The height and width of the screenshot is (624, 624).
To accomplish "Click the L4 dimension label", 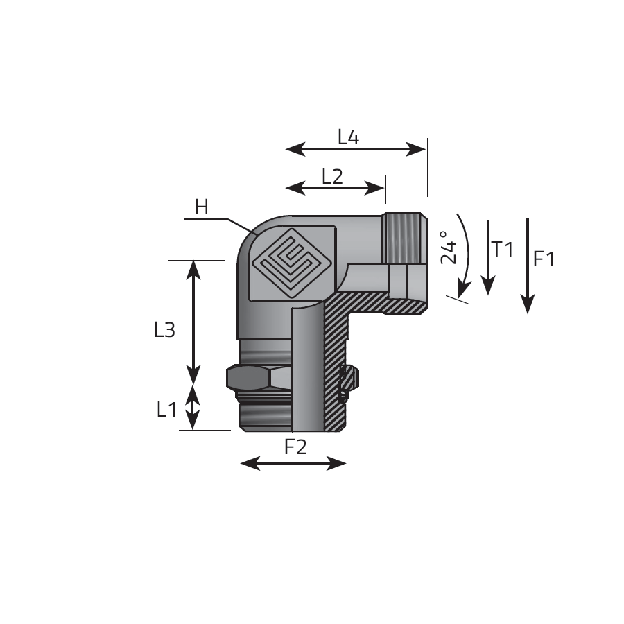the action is coord(348,138).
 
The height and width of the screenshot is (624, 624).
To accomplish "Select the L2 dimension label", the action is coord(332,176).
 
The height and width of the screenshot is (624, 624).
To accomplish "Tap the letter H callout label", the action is coord(202,207).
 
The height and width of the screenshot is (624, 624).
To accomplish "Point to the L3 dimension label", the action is coord(164,330).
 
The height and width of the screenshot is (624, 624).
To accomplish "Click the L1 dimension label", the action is coord(166,409).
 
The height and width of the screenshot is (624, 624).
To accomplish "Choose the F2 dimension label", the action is coord(295,447).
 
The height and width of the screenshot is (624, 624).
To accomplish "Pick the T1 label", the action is coord(503,250).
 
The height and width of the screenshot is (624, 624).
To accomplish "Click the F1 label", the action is coord(544,259).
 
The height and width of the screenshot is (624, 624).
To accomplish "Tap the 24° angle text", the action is coord(449,248).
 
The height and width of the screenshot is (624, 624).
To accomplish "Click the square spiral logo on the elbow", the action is coord(292,264).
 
